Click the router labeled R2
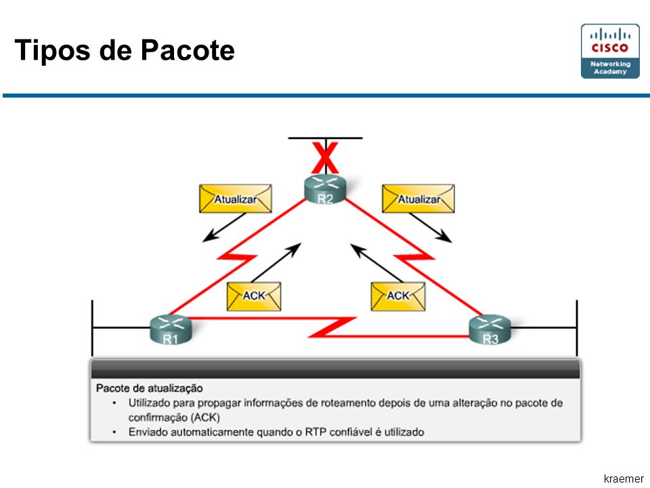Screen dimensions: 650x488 (325, 189)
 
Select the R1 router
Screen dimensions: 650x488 (171, 329)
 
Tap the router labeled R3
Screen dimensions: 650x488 (490, 329)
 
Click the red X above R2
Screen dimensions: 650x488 (325, 158)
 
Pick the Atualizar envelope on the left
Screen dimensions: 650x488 (236, 199)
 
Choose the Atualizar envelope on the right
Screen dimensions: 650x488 (418, 199)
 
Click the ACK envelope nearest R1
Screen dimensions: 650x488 (254, 296)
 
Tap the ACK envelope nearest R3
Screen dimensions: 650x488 (398, 296)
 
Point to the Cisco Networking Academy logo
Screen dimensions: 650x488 (610, 51)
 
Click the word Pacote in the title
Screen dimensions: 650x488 (188, 50)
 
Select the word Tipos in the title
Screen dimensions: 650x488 (52, 51)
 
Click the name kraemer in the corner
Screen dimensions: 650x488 (624, 479)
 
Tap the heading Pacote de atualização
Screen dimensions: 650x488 (149, 388)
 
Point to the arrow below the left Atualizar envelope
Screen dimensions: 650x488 (224, 228)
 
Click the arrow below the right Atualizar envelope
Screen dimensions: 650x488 (431, 228)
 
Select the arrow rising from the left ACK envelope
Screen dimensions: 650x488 (276, 263)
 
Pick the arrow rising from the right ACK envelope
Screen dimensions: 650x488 (377, 263)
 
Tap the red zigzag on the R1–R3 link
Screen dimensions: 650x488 (332, 327)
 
